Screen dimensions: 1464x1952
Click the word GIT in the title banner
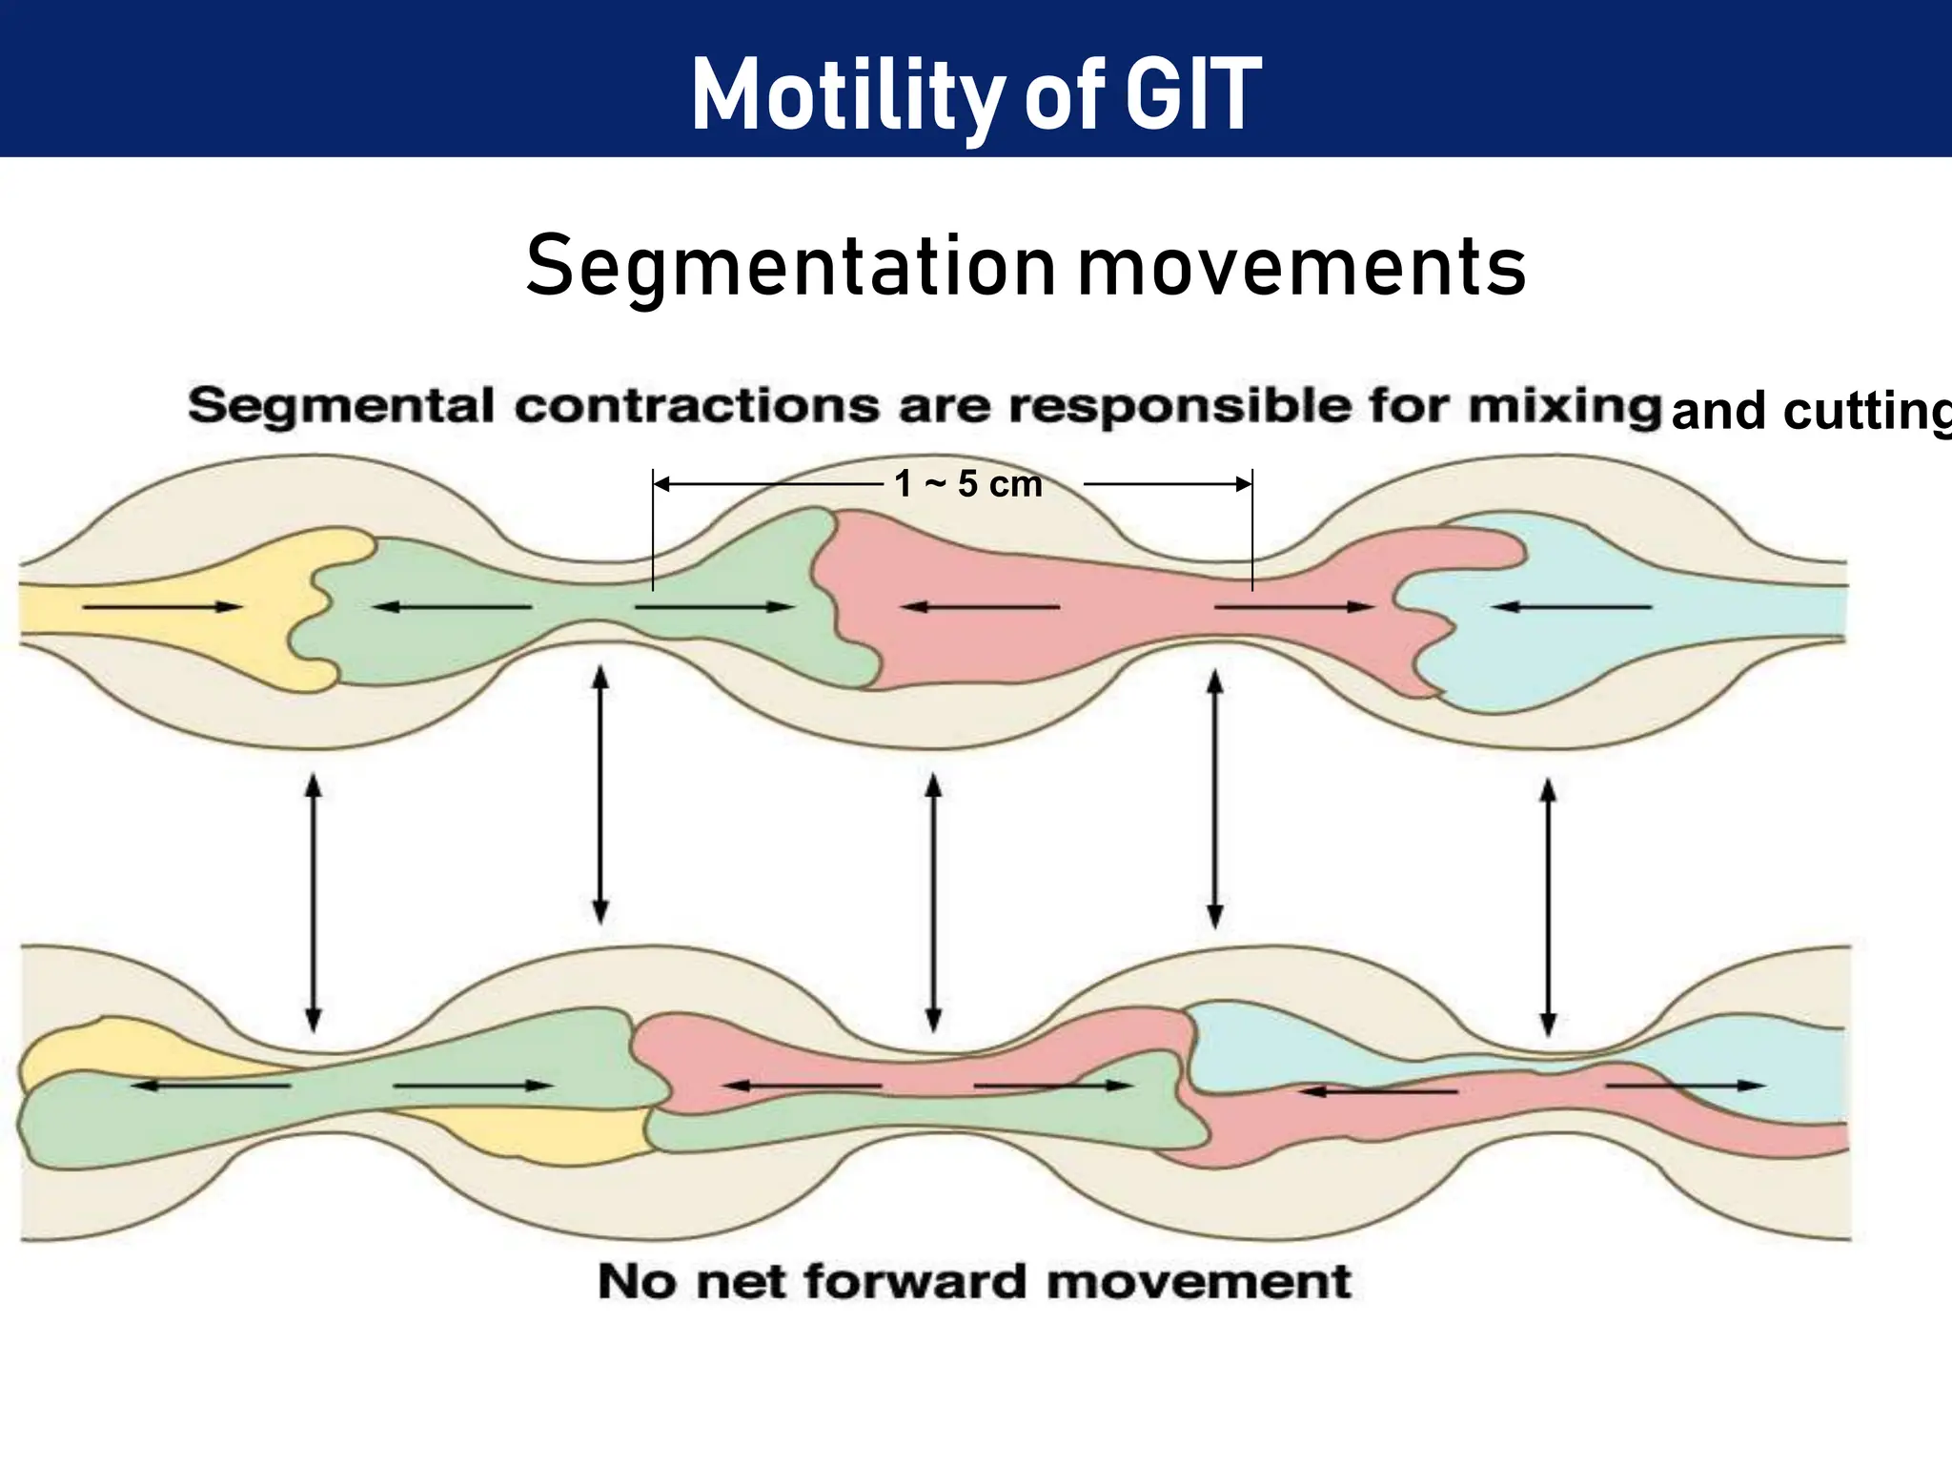[x=1193, y=93]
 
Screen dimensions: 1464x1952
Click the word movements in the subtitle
[x=1302, y=267]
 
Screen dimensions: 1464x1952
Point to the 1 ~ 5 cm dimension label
[x=968, y=484]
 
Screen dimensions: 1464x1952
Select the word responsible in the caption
[x=1180, y=406]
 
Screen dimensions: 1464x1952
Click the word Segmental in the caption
[x=341, y=406]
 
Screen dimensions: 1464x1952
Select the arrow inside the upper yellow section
[x=162, y=606]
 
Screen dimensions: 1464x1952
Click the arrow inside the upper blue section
[x=1573, y=606]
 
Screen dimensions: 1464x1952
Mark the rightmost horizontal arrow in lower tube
[x=1685, y=1085]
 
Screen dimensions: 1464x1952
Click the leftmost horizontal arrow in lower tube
[x=210, y=1085]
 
